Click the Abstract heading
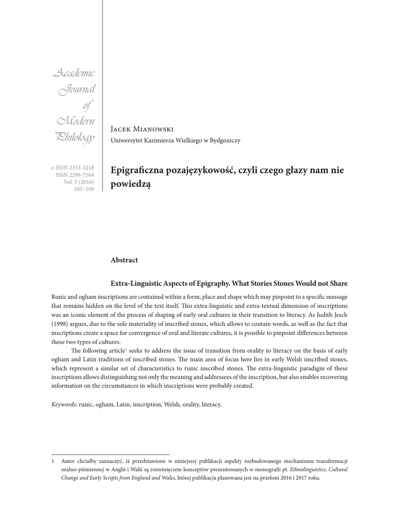[x=124, y=260]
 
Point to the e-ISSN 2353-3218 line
[x=72, y=168]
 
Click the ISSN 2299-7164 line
[x=75, y=175]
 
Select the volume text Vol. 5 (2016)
[x=79, y=182]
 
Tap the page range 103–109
[x=84, y=189]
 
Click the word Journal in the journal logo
[x=77, y=91]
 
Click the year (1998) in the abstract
[x=61, y=324]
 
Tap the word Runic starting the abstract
[x=60, y=298]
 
